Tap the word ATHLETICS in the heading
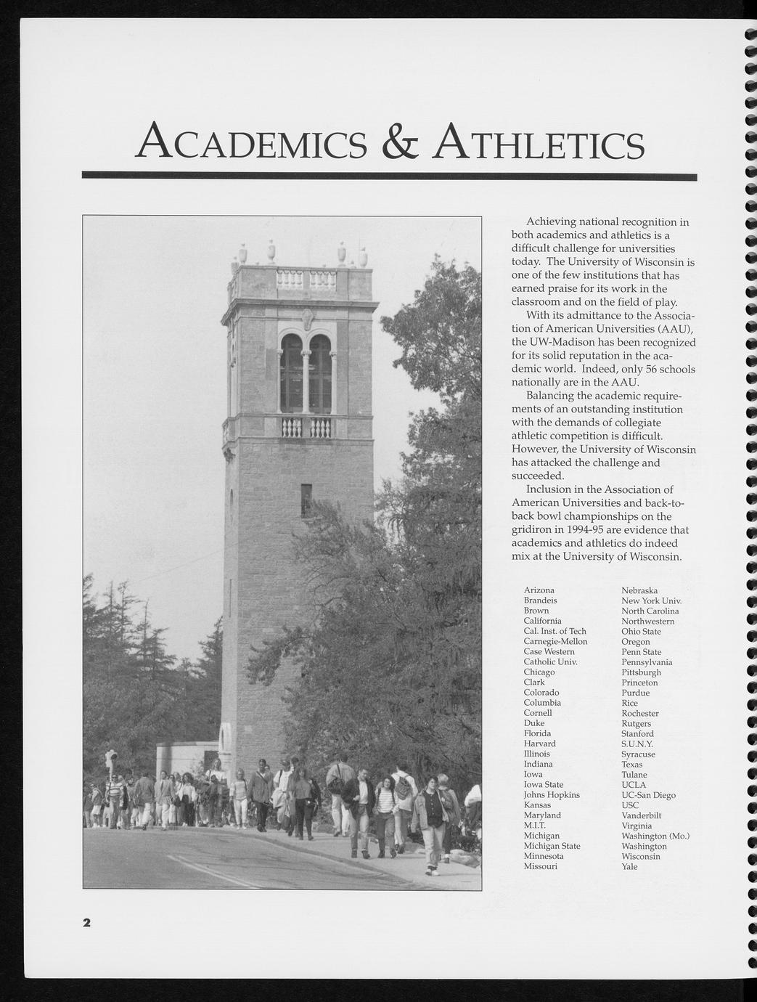point(539,142)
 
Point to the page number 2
point(86,923)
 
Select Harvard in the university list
point(539,744)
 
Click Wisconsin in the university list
point(641,856)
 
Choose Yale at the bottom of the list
point(629,866)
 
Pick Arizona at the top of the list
point(539,590)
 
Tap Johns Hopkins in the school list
point(552,795)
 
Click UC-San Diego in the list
point(648,795)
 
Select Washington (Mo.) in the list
point(655,836)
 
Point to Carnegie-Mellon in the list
point(555,641)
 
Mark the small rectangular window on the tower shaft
point(306,500)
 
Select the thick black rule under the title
point(389,176)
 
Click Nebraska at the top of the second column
point(639,590)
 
